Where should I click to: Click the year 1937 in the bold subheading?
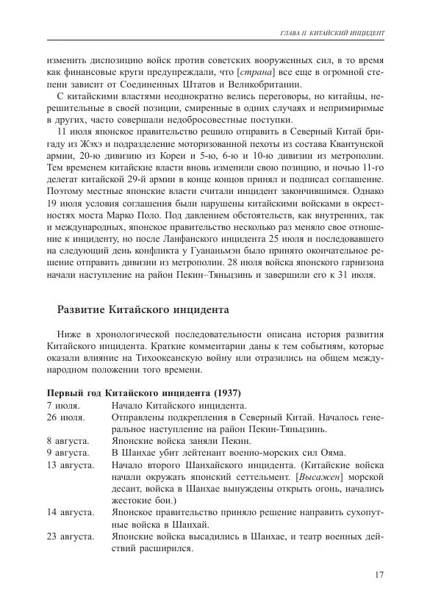pos(228,392)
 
